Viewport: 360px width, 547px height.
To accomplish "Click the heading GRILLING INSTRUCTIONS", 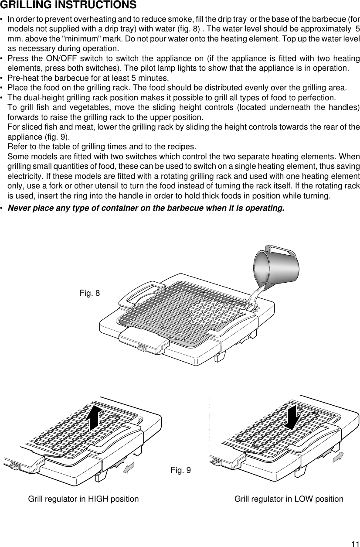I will click(68, 6).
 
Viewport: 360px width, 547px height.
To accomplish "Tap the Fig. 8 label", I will click(90, 293).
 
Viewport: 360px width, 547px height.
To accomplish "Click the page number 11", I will click(355, 543).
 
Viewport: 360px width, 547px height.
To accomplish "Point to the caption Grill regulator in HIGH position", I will click(84, 499).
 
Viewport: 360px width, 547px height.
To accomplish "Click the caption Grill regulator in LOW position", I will click(289, 499).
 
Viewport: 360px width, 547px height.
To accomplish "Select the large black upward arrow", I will click(94, 417).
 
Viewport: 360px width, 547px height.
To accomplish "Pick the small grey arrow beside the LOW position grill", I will click(338, 456).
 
